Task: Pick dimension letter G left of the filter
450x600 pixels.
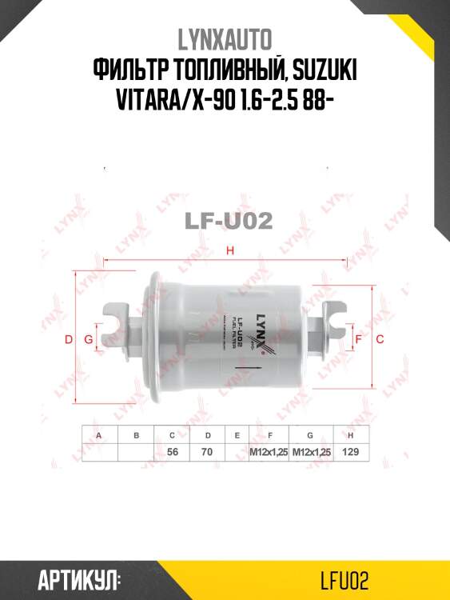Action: coord(88,340)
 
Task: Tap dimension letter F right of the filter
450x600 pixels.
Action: coord(358,340)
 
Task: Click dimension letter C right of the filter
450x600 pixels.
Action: coord(380,340)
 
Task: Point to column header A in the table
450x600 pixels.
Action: coord(99,435)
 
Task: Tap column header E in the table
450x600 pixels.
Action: coord(237,435)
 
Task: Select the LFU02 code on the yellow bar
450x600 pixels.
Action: coord(341,579)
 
